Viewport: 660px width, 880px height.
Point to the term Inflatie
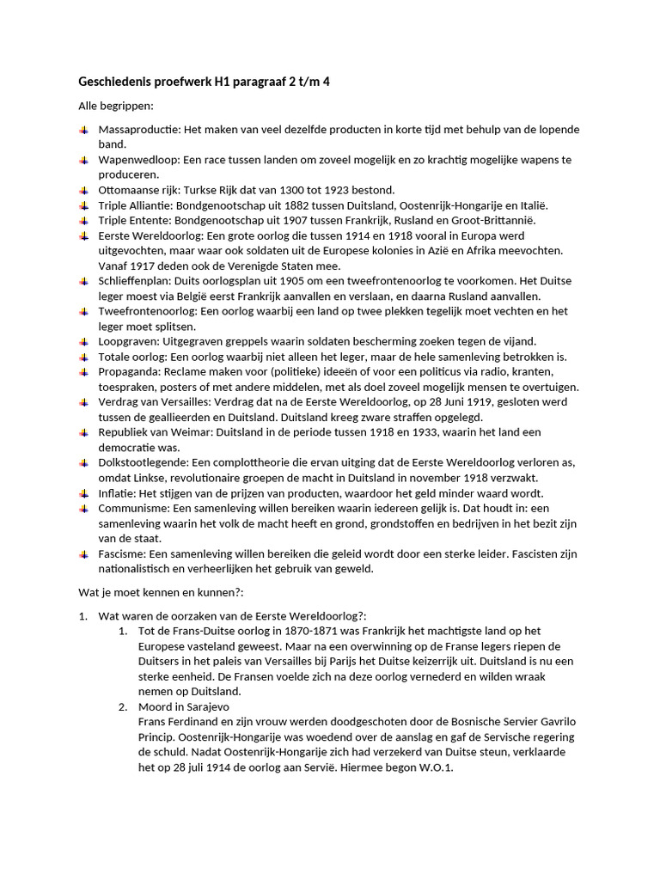120,493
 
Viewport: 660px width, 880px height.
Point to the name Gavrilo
560,722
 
